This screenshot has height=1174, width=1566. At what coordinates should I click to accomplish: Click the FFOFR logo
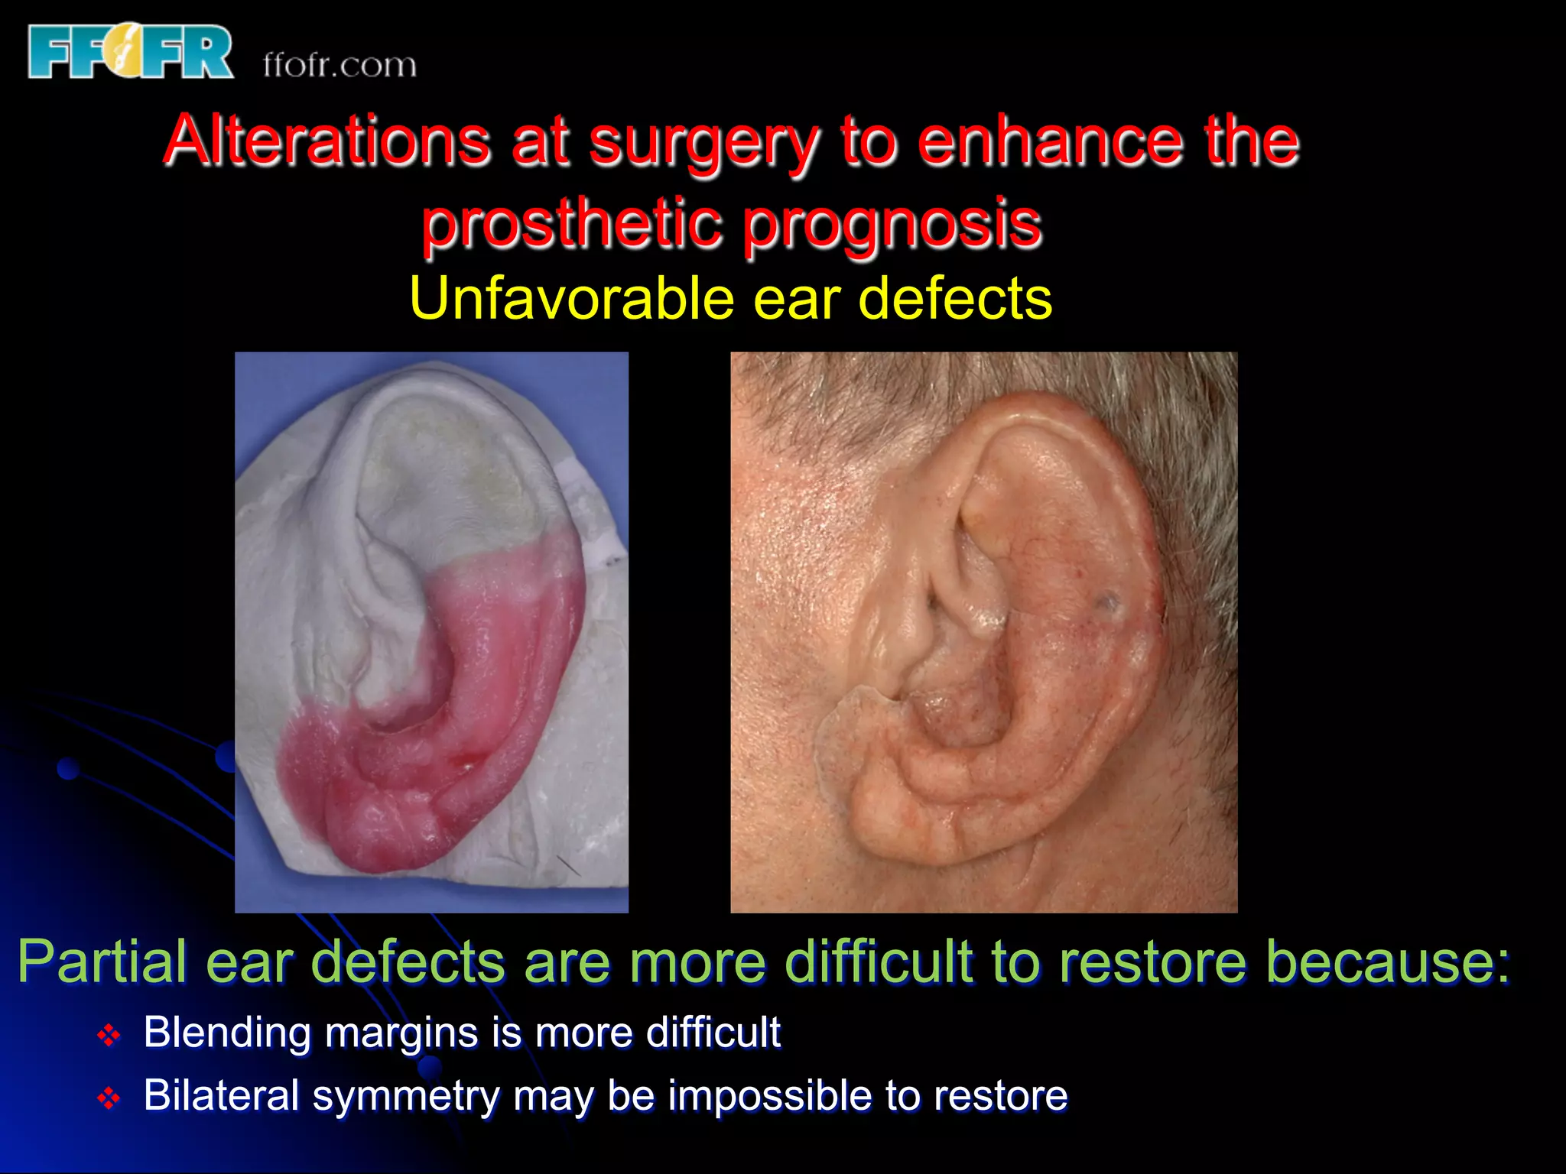[130, 51]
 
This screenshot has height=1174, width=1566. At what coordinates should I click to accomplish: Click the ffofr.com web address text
[340, 65]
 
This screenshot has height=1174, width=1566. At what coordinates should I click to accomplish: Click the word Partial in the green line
[102, 962]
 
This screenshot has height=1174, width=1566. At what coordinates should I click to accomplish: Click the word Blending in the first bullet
[227, 1033]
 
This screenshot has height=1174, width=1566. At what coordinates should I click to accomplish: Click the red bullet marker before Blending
[109, 1036]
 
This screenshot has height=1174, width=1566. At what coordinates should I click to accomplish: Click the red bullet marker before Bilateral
[109, 1098]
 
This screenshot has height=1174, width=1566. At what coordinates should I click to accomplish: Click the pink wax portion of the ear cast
[489, 673]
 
